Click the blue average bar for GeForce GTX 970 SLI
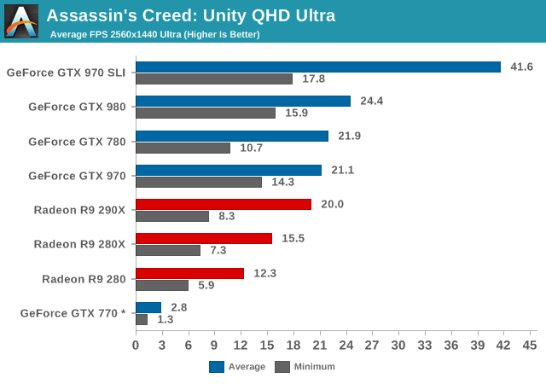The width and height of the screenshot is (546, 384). tap(317, 67)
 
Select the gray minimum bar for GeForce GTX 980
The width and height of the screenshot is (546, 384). tap(206, 113)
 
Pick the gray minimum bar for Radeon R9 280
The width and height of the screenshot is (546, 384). tap(162, 285)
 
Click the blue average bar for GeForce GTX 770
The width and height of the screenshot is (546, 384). tap(148, 307)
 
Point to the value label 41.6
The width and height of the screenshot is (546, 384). tap(521, 67)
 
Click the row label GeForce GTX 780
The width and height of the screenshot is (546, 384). tap(77, 142)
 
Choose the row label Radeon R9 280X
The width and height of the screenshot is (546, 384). tap(79, 244)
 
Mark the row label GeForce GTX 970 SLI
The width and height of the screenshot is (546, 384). tap(66, 73)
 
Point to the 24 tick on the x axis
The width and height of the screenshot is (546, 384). tap(346, 345)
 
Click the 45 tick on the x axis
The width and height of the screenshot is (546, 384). tap(529, 345)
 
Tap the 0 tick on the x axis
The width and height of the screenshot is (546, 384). tap(136, 345)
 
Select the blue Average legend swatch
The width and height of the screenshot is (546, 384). tap(217, 367)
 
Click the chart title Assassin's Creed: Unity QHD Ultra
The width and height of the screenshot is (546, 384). tap(190, 15)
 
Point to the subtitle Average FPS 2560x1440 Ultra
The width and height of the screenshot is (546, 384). tap(154, 34)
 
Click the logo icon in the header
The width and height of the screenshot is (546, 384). tap(21, 21)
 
